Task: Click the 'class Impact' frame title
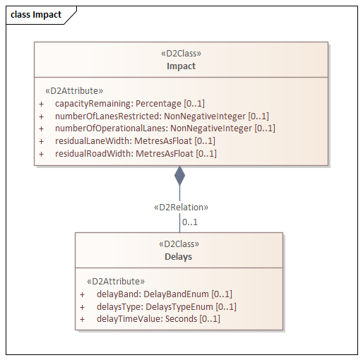(x=36, y=15)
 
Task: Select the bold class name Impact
(x=181, y=66)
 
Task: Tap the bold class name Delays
(x=179, y=256)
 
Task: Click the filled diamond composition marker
(x=179, y=176)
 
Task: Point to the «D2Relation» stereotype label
(x=181, y=208)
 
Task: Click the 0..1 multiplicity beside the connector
(x=190, y=222)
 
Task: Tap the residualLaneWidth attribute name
(x=93, y=141)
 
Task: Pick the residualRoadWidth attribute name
(x=94, y=154)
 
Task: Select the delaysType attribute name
(x=120, y=307)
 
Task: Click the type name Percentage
(x=158, y=104)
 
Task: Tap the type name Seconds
(x=181, y=319)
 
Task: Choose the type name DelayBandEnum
(x=176, y=294)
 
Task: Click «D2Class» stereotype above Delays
(x=179, y=244)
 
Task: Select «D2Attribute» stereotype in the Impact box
(x=74, y=91)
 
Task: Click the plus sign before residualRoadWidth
(x=42, y=154)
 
